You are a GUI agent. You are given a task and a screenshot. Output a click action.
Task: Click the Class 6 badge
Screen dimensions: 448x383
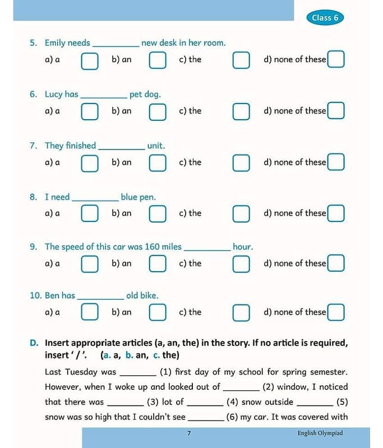point(325,17)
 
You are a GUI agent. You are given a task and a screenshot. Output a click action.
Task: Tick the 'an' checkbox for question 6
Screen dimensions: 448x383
point(158,111)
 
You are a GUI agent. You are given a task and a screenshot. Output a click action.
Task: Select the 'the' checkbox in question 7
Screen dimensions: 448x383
point(241,163)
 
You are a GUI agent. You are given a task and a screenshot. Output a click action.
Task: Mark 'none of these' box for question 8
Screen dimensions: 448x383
point(336,213)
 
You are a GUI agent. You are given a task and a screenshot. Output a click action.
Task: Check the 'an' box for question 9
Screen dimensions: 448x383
point(158,264)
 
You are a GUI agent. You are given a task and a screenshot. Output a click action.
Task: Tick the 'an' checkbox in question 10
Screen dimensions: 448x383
point(158,312)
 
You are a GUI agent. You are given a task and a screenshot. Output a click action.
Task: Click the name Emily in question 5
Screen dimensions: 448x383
point(55,43)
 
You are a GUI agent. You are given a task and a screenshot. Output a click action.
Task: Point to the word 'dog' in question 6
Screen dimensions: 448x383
point(153,95)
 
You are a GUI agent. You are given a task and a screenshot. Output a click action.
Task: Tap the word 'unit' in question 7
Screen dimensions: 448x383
point(155,146)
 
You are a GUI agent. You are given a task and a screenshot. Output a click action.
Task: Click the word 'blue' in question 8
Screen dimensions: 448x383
point(130,197)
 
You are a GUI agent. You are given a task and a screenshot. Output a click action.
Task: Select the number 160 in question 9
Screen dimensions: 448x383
point(152,246)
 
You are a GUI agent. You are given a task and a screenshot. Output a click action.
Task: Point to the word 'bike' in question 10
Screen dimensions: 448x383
point(149,296)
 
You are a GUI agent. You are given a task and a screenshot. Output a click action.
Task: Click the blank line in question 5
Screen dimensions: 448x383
point(116,45)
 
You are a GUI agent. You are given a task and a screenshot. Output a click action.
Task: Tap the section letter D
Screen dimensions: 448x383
point(34,343)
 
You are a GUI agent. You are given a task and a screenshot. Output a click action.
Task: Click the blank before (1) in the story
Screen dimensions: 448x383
point(138,374)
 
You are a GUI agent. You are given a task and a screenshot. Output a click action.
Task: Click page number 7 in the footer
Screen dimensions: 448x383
point(189,433)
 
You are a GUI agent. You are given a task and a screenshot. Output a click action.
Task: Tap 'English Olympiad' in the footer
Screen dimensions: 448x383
point(320,433)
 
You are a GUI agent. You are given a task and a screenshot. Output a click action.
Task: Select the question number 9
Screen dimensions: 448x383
point(34,246)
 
